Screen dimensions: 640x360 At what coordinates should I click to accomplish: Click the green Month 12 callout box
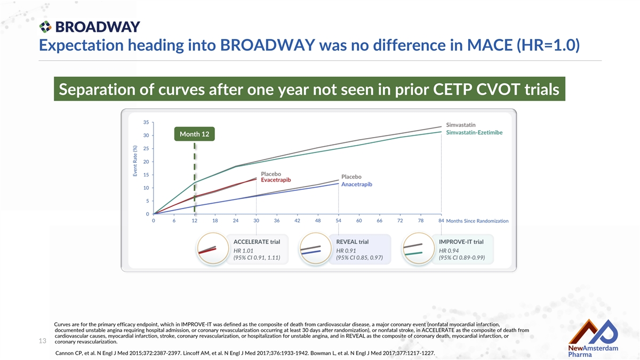click(x=194, y=134)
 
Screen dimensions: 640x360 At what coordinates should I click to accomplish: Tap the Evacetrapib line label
click(x=276, y=180)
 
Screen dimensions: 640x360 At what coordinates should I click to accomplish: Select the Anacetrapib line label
click(x=357, y=185)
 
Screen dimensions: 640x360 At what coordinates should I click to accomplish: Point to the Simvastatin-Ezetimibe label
click(x=474, y=132)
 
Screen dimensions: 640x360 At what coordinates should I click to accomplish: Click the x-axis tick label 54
click(x=338, y=221)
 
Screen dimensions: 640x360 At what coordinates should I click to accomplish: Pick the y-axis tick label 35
click(x=146, y=122)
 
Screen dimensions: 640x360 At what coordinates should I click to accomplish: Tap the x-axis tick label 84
click(x=441, y=221)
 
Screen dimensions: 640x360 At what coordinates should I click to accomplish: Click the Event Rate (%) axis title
click(x=135, y=161)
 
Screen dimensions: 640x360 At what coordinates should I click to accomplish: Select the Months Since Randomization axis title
click(x=477, y=221)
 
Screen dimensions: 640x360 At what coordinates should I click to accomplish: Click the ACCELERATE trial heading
click(x=257, y=242)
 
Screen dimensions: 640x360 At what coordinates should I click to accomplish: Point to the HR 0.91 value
click(x=346, y=251)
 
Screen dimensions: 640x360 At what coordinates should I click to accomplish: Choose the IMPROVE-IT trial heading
click(x=461, y=242)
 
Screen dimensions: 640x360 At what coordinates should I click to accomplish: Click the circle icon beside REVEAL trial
click(x=315, y=249)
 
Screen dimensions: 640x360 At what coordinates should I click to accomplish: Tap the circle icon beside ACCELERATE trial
click(x=213, y=249)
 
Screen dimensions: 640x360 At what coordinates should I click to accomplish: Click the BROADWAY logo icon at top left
click(x=45, y=27)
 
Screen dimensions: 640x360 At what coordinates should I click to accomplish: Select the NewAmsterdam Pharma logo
click(x=593, y=338)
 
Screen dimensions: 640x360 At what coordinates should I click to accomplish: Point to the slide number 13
click(x=42, y=341)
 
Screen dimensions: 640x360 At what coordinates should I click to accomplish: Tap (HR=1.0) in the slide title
click(x=548, y=45)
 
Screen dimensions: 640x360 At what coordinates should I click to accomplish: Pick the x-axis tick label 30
click(x=256, y=221)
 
